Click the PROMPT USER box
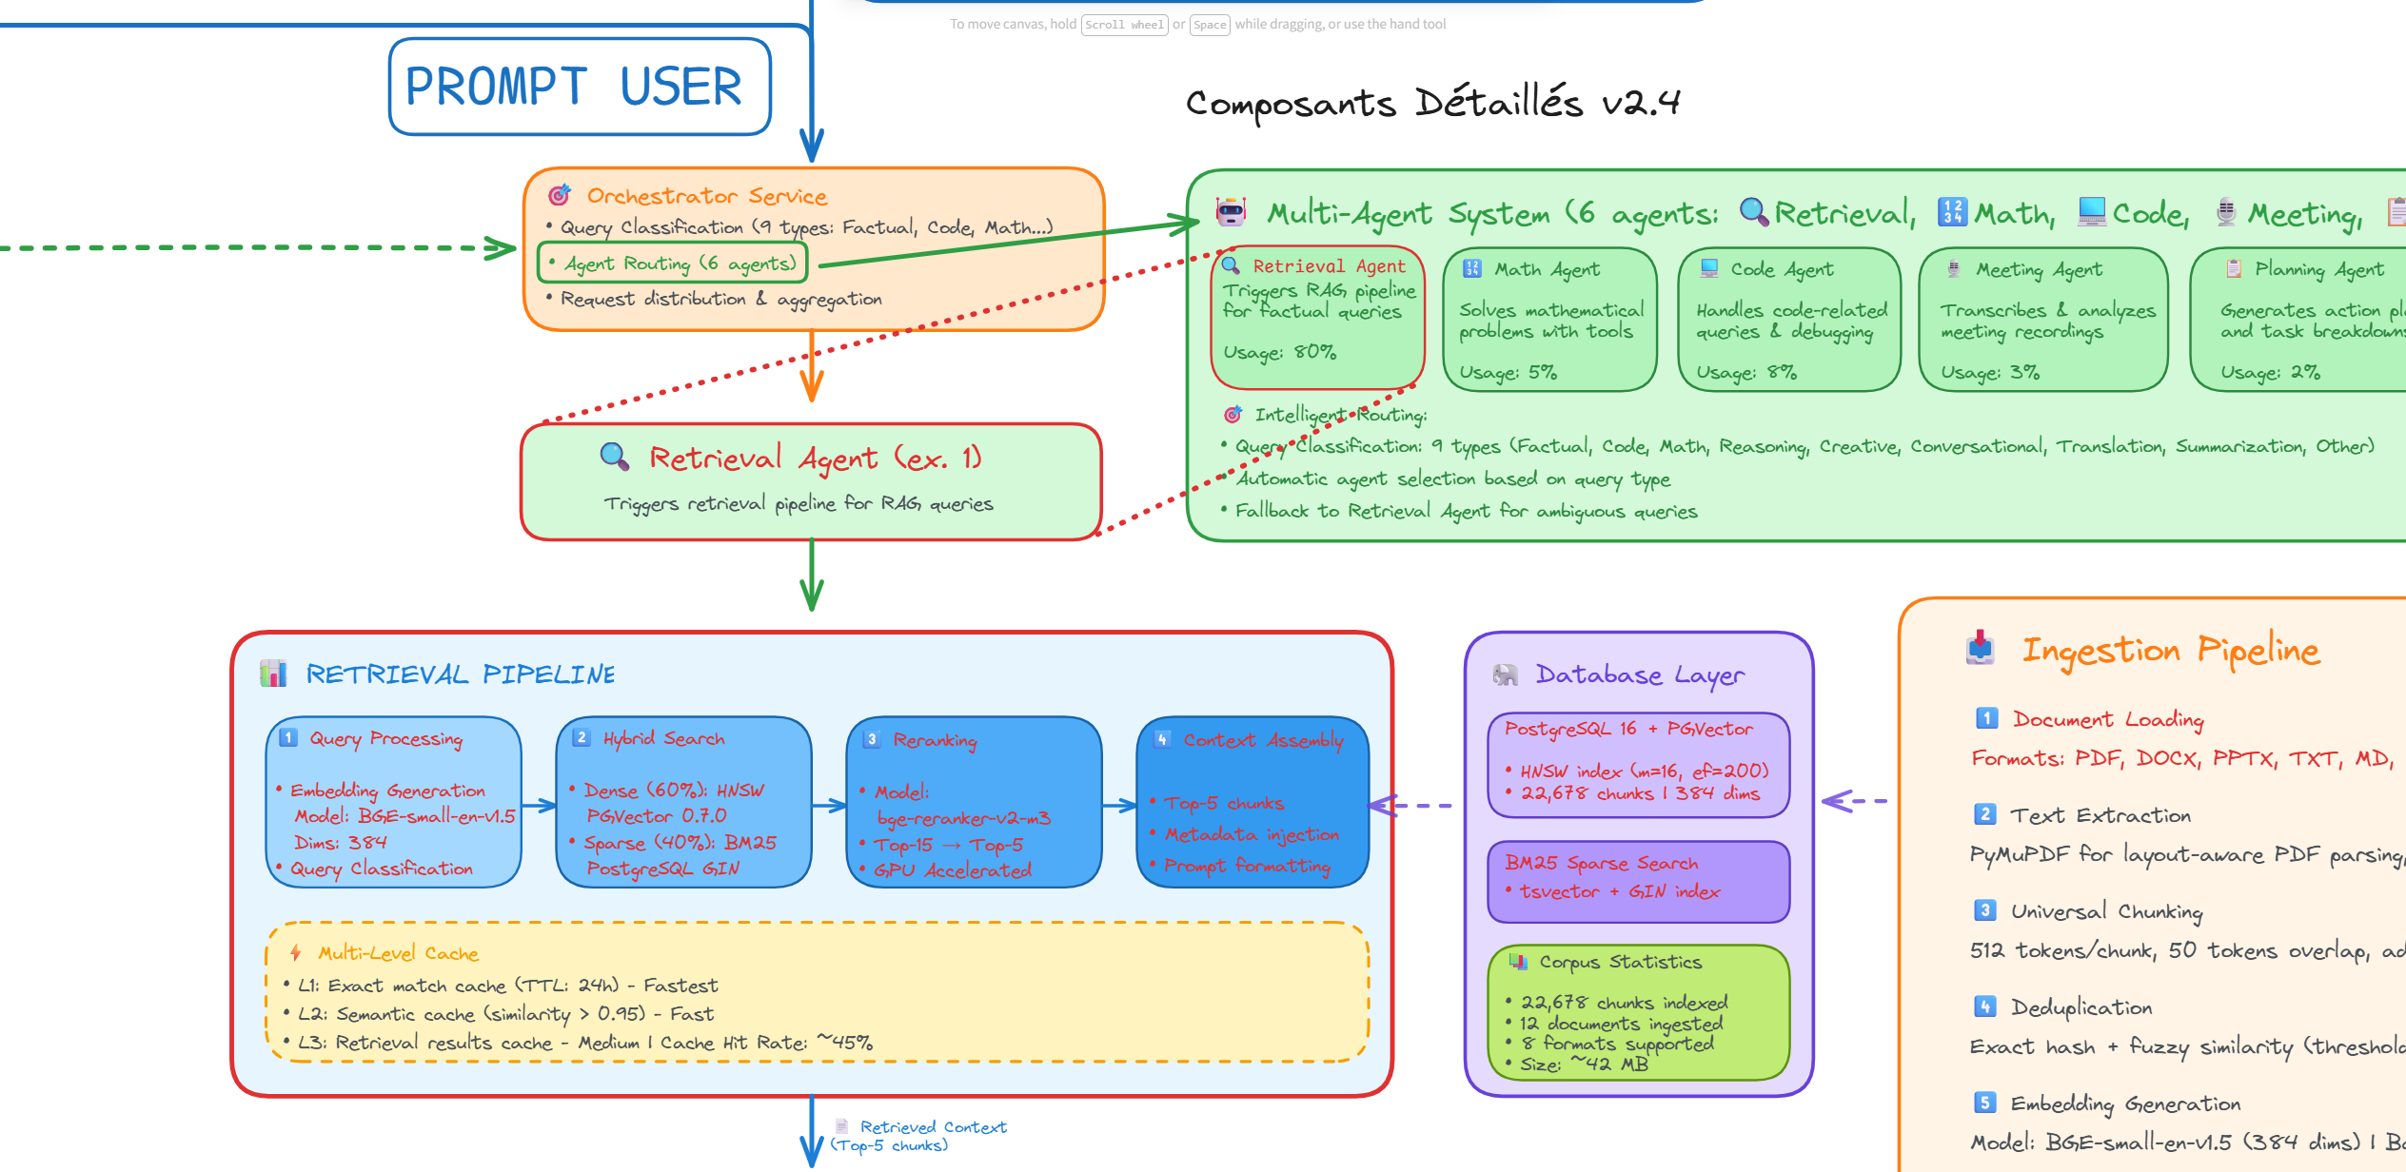579,87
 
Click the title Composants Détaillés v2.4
1431,103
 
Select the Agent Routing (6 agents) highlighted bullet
672,263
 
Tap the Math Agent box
1548,320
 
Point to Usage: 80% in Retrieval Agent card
1279,352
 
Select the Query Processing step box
393,802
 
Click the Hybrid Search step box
682,802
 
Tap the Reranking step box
973,802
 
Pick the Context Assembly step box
1252,802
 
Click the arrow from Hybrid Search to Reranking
828,806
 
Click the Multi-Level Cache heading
398,953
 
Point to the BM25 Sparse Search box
1638,880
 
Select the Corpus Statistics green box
1638,1012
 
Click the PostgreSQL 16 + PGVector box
1638,763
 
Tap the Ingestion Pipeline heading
2170,651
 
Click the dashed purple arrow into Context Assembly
1412,806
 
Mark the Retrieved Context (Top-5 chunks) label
918,1136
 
